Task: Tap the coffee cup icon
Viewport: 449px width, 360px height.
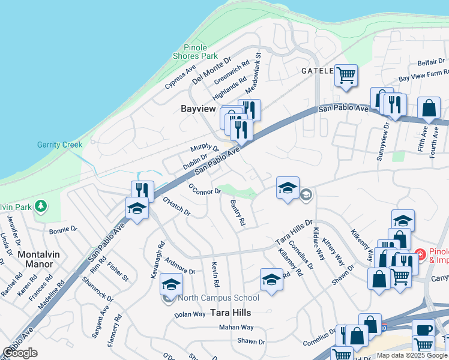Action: (424, 331)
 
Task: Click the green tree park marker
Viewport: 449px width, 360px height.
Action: (40, 206)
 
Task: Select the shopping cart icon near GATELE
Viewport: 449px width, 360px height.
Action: (346, 75)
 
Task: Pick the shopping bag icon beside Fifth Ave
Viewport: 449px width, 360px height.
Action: (430, 109)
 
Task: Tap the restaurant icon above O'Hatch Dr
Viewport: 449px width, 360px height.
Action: (142, 190)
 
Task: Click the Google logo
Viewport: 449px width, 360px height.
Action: (20, 353)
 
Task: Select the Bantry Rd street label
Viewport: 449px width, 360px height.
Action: (238, 213)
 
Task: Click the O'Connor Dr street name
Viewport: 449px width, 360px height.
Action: (205, 189)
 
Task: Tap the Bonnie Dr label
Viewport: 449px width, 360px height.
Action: (64, 229)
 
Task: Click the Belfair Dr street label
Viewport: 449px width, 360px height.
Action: (431, 62)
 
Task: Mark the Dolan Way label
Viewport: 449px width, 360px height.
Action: (190, 314)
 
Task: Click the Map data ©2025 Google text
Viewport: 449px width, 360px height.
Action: (412, 355)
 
